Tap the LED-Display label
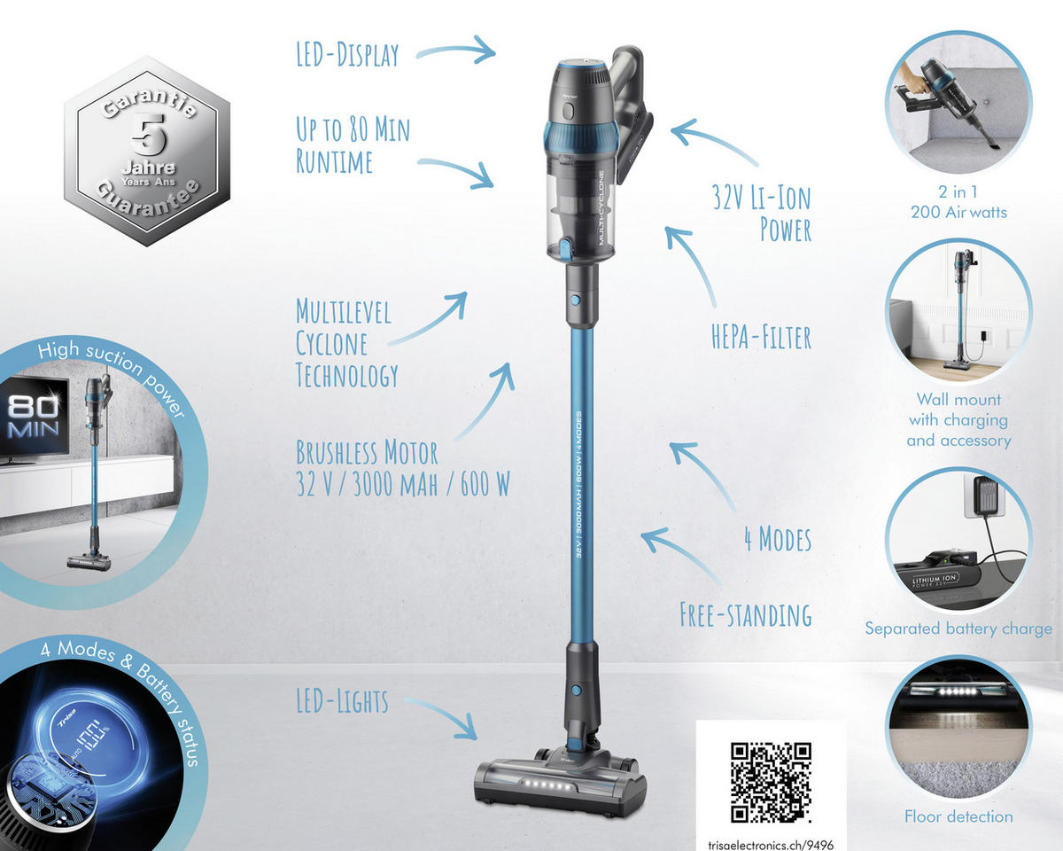click(x=347, y=54)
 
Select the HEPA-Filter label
click(x=761, y=338)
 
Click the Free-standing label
click(x=745, y=615)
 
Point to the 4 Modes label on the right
click(x=778, y=539)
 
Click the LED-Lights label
click(x=342, y=701)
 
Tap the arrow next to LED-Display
click(x=456, y=50)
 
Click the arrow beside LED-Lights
click(x=441, y=717)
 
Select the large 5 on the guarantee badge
click(x=149, y=134)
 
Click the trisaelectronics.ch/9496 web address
click(x=771, y=844)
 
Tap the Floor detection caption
click(x=958, y=816)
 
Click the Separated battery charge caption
click(x=958, y=628)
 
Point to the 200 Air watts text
click(x=958, y=212)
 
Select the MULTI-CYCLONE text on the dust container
click(x=601, y=207)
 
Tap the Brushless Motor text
click(x=367, y=452)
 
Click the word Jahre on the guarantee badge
click(x=149, y=168)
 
